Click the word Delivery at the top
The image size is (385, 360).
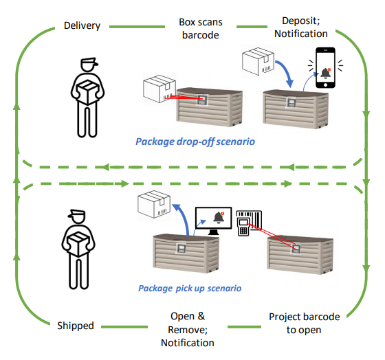(82, 26)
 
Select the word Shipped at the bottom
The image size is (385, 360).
(75, 325)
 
